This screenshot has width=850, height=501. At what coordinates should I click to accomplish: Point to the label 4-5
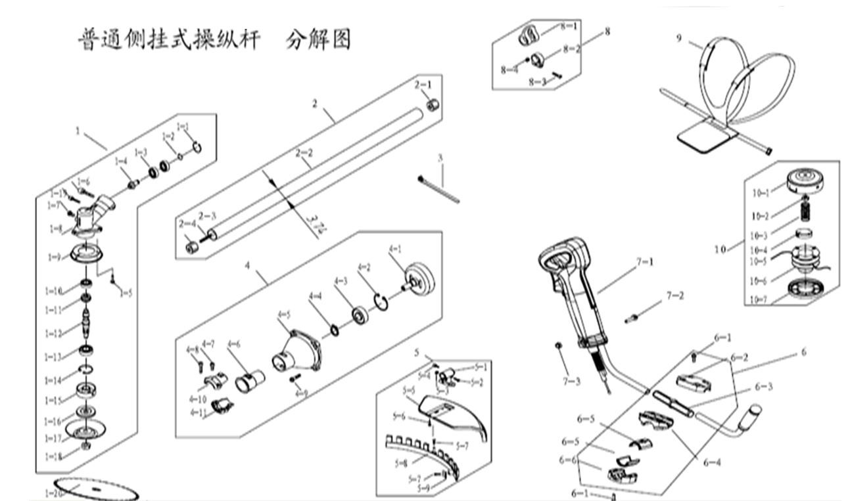point(284,316)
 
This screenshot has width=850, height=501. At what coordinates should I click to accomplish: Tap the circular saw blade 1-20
point(92,489)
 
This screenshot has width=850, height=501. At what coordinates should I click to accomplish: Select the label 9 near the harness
point(679,37)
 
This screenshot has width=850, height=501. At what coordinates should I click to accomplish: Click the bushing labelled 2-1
point(432,105)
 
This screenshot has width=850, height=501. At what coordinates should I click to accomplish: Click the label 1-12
point(54,333)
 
